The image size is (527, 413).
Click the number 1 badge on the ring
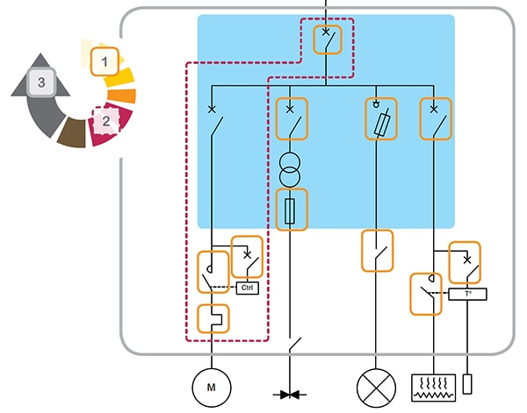tap(105, 61)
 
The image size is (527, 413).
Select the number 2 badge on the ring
tap(105, 121)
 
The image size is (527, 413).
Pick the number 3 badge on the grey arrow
tap(38, 83)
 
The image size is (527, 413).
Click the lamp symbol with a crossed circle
tap(377, 386)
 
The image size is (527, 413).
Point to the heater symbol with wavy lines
tap(434, 387)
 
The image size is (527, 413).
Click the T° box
tap(467, 296)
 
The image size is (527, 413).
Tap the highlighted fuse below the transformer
tap(292, 210)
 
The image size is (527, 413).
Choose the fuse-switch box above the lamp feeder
tap(380, 119)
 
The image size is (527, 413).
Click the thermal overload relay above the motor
tap(213, 317)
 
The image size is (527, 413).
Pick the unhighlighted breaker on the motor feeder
tap(213, 123)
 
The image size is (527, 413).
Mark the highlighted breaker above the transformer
tap(292, 119)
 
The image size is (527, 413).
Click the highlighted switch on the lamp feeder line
tap(378, 251)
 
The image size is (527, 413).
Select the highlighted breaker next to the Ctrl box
tap(246, 256)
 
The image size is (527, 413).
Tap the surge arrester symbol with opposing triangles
tap(291, 395)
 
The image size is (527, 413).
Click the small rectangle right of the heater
tap(467, 384)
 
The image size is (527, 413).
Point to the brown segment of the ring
tap(70, 133)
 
